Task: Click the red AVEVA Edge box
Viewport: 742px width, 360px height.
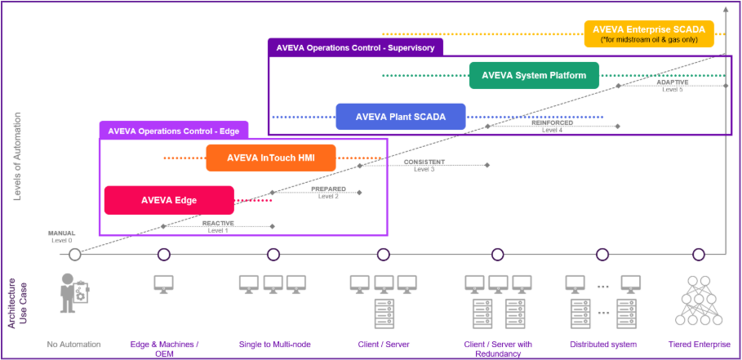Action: click(x=169, y=200)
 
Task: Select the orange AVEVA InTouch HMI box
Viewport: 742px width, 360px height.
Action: click(x=270, y=158)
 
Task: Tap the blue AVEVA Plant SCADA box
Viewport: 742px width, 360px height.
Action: click(x=400, y=117)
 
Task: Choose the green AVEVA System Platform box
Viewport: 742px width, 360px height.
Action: click(x=534, y=76)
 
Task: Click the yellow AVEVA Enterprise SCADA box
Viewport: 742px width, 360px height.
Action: click(x=649, y=33)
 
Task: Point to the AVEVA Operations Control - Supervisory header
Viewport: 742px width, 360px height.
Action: click(x=355, y=47)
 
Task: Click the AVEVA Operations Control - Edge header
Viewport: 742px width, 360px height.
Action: click(x=184, y=130)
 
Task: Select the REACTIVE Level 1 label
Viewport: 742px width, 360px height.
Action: click(x=218, y=226)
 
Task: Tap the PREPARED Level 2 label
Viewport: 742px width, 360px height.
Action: click(x=328, y=193)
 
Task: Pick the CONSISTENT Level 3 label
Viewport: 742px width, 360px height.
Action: click(x=424, y=165)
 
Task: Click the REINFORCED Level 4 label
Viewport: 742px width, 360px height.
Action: click(x=553, y=126)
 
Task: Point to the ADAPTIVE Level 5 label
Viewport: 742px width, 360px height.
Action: click(x=672, y=85)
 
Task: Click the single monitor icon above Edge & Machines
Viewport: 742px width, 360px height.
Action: click(x=164, y=285)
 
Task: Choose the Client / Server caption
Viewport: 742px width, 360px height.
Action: click(x=384, y=344)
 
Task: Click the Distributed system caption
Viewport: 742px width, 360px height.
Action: click(x=603, y=344)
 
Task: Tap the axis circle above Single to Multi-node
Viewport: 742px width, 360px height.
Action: click(x=273, y=255)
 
